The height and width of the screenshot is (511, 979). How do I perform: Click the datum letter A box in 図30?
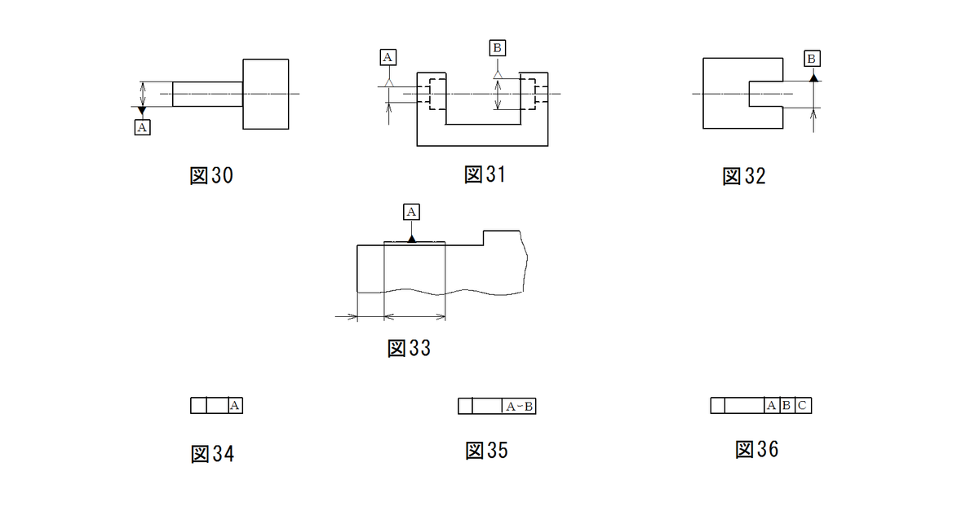[x=143, y=127]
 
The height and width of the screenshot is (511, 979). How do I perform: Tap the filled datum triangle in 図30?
[x=142, y=111]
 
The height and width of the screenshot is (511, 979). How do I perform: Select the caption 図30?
[x=211, y=175]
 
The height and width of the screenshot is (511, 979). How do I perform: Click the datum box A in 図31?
[x=388, y=57]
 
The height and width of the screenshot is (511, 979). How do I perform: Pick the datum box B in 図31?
[x=498, y=48]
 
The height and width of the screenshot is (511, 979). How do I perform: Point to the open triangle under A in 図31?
[x=388, y=82]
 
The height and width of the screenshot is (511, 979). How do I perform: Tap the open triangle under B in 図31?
[x=498, y=75]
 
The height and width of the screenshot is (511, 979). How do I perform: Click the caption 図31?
[x=485, y=174]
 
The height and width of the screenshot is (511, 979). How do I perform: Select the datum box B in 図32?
[x=812, y=59]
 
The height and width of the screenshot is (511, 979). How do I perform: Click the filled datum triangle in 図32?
[x=813, y=77]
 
